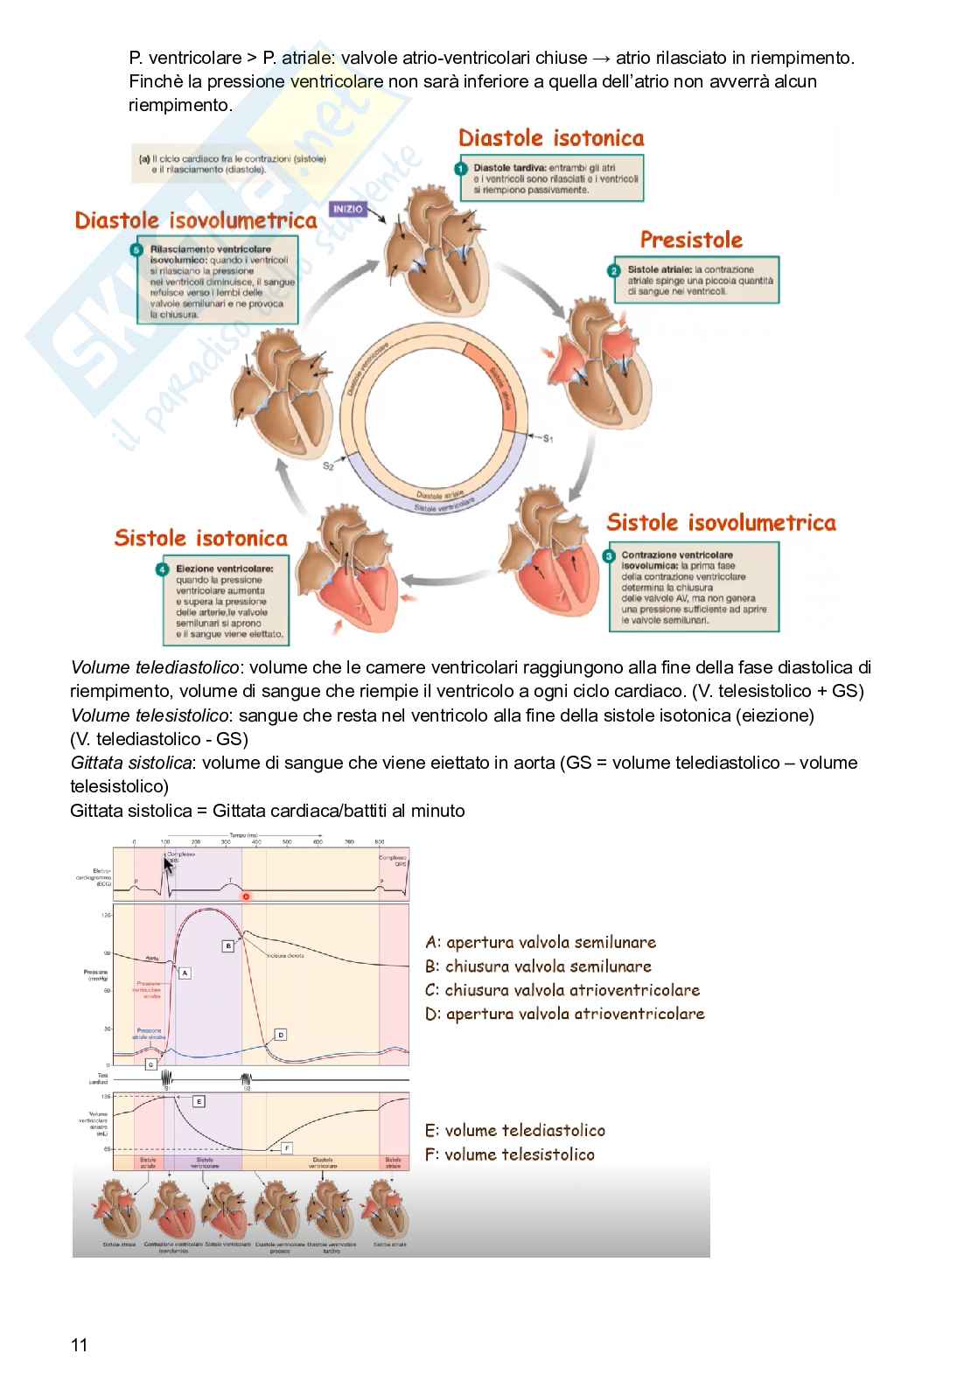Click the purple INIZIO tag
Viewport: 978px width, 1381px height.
coord(347,210)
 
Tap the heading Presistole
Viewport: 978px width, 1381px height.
coord(690,240)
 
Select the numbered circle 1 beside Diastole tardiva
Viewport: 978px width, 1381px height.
coord(461,168)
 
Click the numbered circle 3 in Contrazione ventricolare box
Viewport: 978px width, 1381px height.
coord(610,556)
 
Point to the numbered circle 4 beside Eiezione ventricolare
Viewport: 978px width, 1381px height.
coord(163,570)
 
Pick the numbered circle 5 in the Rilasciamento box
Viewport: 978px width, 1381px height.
coord(136,250)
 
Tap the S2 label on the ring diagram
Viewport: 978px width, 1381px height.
coord(328,467)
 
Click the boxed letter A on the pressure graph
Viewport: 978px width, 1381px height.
coord(184,973)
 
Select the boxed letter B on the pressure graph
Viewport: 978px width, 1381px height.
coord(227,945)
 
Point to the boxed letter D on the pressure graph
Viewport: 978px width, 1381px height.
coord(280,1035)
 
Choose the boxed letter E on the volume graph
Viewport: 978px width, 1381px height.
coord(199,1101)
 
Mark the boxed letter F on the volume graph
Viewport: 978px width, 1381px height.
coord(286,1147)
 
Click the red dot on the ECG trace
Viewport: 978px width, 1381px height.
coord(246,897)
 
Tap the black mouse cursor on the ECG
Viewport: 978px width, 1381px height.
coord(167,865)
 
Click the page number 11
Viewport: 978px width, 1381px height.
coord(79,1344)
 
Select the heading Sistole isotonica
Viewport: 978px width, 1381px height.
coord(200,538)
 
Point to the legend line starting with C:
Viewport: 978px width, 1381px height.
coord(562,990)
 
